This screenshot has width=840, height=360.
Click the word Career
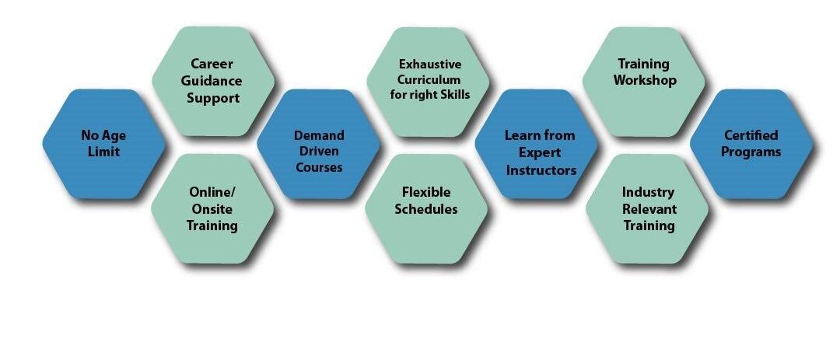212,64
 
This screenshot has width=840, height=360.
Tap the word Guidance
212,81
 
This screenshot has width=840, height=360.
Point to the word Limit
104,152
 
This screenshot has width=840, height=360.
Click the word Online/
212,192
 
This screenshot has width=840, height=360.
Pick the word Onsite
212,209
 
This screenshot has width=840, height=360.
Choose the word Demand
319,135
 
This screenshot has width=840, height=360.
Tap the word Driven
319,151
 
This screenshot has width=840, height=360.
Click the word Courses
319,167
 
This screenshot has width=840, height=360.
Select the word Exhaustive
429,65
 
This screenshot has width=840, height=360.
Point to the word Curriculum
429,79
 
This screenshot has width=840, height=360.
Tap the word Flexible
426,192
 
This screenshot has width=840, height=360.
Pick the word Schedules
426,209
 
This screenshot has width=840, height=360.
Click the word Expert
540,153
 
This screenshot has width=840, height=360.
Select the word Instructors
541,170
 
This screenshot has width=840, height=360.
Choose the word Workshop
645,81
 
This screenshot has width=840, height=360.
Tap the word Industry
648,192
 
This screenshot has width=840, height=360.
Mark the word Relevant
649,209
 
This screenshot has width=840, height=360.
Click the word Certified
751,135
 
